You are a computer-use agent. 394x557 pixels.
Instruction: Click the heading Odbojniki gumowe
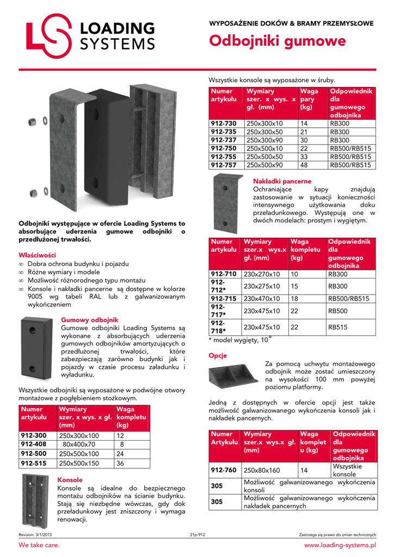[278, 41]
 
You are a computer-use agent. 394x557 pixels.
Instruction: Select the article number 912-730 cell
[224, 123]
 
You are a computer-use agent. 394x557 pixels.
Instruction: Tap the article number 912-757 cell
[224, 165]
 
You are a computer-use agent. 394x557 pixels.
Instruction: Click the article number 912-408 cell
[34, 444]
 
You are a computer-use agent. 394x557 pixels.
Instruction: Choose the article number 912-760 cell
[224, 469]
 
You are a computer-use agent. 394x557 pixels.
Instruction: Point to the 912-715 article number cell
[224, 299]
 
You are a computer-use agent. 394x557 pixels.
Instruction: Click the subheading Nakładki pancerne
[282, 181]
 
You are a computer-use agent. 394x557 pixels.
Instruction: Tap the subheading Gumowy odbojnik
[90, 320]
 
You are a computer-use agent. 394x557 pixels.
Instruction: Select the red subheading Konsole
[70, 480]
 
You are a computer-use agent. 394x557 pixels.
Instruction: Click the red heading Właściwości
[37, 255]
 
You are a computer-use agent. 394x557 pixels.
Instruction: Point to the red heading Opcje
[218, 356]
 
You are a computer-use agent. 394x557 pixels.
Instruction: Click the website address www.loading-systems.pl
[340, 544]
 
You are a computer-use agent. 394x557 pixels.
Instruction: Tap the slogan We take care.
[39, 544]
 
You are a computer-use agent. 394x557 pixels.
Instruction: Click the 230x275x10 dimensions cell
[262, 286]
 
